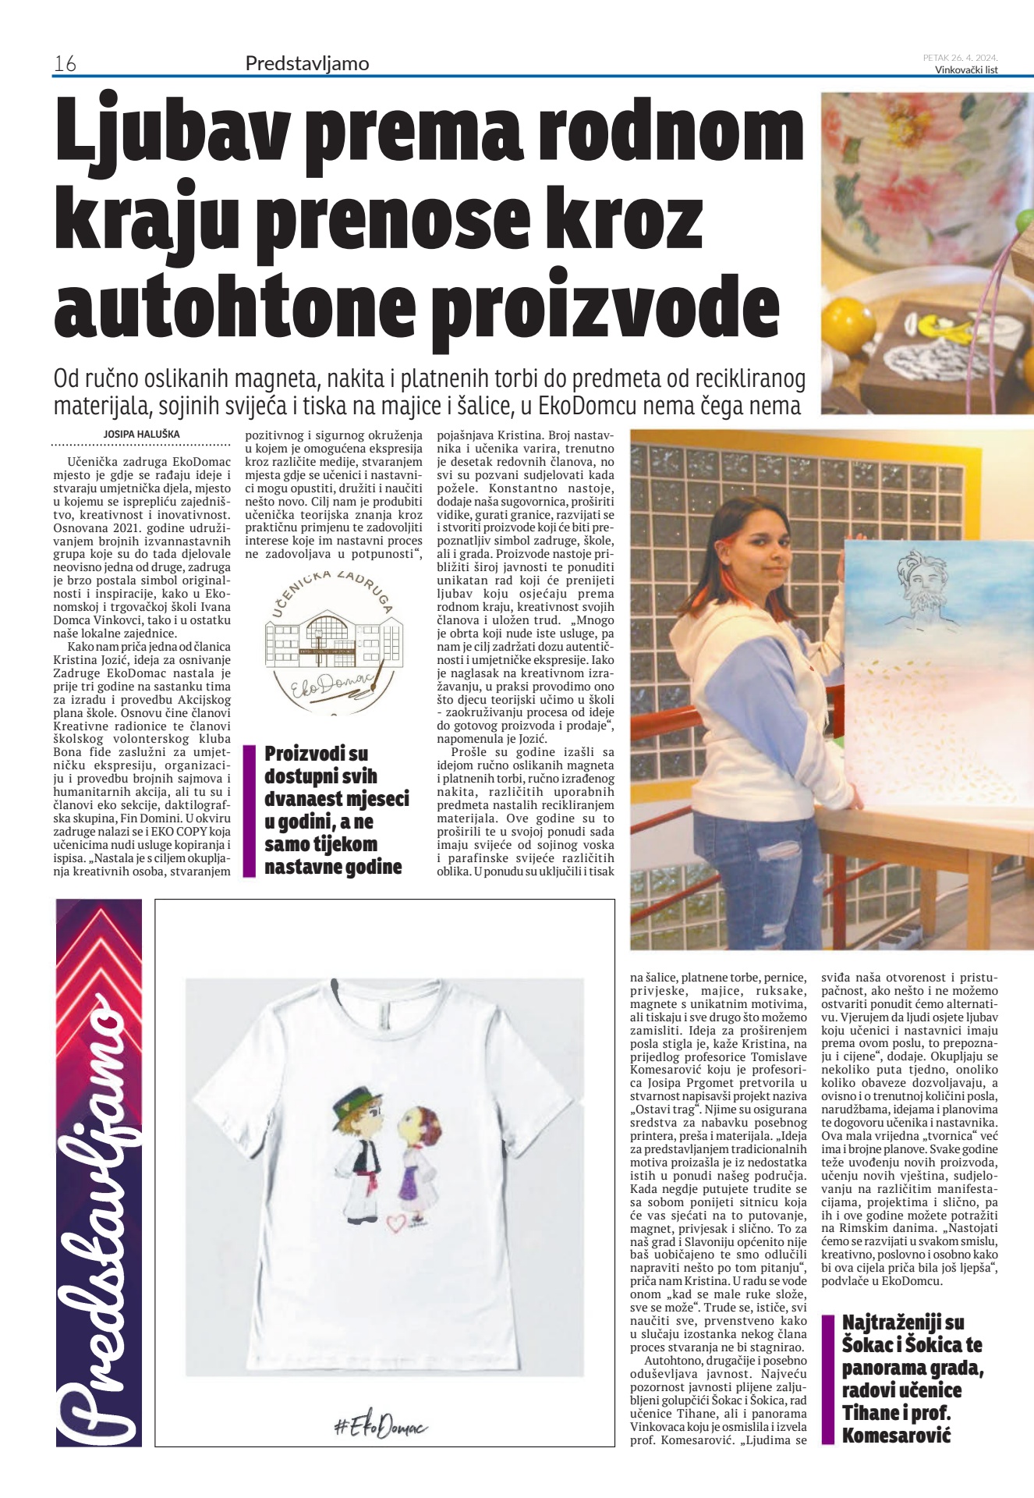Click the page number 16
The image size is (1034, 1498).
pyautogui.click(x=64, y=63)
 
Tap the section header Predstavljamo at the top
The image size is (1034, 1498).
pyautogui.click(x=306, y=63)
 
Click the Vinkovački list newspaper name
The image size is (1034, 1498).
pyautogui.click(x=966, y=69)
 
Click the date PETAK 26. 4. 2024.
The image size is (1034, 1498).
pyautogui.click(x=960, y=57)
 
